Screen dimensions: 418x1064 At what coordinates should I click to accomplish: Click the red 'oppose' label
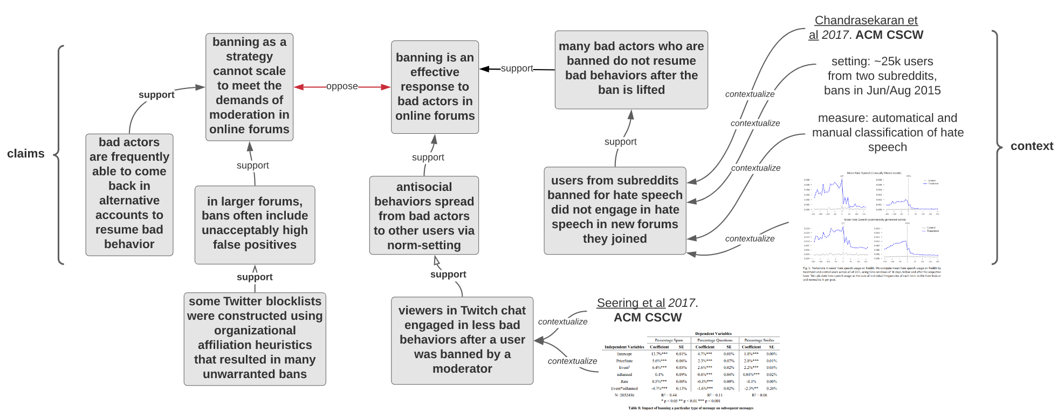coord(342,86)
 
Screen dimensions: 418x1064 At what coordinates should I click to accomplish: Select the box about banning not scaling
coord(249,86)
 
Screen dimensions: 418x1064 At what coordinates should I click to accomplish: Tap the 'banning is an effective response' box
coord(435,87)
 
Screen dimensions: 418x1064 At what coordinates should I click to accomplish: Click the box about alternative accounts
coord(129,194)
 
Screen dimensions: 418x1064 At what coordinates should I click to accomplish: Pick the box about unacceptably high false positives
coord(255,224)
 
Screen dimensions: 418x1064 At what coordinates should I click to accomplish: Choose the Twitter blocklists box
coord(255,338)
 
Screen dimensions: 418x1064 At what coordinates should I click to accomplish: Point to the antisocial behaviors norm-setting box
coord(424,216)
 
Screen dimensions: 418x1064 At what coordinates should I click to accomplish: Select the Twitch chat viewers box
coord(462,340)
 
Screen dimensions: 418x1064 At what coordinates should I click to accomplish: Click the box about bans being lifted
coord(631,69)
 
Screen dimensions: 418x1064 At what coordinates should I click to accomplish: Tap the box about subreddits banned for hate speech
coord(615,210)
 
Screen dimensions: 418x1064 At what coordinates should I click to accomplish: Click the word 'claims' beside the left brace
coord(26,154)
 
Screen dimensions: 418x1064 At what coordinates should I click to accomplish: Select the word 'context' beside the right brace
coord(1032,146)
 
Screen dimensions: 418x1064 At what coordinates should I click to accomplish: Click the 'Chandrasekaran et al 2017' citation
coord(866,28)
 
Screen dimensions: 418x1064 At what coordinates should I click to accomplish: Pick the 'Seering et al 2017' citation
coord(647,310)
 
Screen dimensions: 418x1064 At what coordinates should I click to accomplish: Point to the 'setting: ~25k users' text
coord(882,76)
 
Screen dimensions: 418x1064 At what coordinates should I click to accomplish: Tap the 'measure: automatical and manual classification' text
coord(888,133)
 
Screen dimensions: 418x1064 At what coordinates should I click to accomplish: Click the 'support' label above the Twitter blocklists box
coord(255,277)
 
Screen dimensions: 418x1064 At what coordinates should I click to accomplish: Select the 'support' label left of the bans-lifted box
coord(517,68)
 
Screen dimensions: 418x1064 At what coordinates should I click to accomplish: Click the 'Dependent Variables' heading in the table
coord(713,334)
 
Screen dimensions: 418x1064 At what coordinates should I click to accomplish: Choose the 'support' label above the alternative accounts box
coord(156,95)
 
